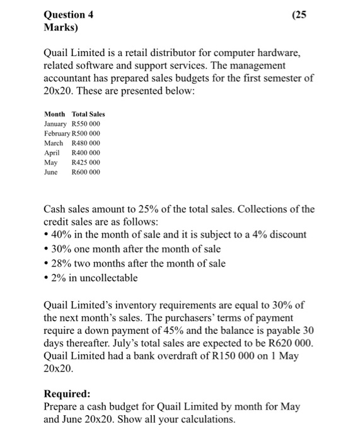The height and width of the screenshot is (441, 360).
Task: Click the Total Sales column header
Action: [x=88, y=114]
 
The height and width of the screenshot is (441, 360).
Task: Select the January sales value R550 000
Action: [x=86, y=123]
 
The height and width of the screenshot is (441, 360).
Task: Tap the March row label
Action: [x=54, y=143]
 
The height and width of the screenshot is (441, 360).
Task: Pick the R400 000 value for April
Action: [x=86, y=152]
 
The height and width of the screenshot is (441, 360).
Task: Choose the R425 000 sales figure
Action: [x=86, y=163]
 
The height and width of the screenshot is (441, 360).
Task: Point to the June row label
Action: [x=51, y=172]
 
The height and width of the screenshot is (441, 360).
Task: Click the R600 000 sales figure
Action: [x=86, y=172]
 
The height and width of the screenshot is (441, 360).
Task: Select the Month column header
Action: [x=54, y=114]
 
